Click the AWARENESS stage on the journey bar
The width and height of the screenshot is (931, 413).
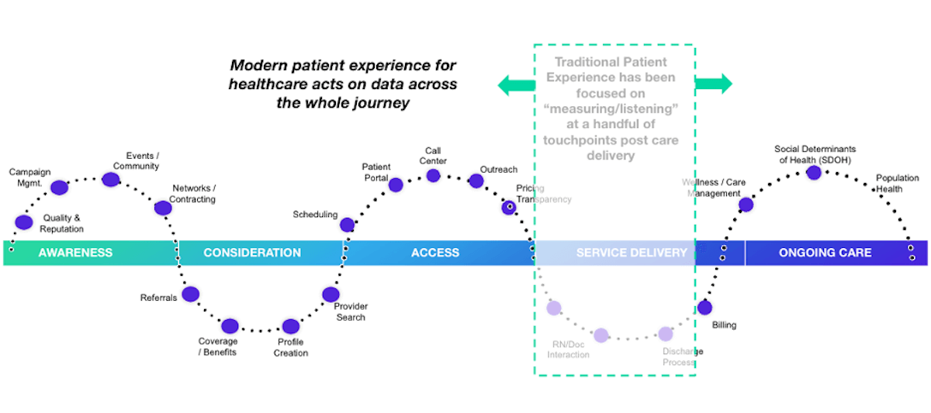tap(75, 253)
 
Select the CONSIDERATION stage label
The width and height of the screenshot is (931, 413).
tap(252, 253)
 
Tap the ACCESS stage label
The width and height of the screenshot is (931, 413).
tap(435, 253)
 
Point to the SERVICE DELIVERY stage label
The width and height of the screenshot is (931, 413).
tap(632, 253)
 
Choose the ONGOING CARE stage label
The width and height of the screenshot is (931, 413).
tap(825, 253)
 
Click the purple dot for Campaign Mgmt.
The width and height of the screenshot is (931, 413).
tap(59, 187)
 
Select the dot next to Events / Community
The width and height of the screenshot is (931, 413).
tap(111, 180)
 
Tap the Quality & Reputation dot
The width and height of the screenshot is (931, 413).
tap(24, 223)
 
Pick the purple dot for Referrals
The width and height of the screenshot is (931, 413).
tap(191, 294)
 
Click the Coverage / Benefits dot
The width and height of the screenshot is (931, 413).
tap(230, 326)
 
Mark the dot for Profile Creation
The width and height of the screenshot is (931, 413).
tap(291, 326)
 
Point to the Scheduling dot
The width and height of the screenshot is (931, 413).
tap(348, 225)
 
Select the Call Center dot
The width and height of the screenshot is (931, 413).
tap(434, 175)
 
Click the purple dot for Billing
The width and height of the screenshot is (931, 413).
tap(704, 307)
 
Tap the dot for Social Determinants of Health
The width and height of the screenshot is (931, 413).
tap(814, 172)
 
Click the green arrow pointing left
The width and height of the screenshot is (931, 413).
tap(515, 84)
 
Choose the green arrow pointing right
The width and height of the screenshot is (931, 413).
tap(713, 84)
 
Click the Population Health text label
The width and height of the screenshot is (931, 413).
tap(898, 183)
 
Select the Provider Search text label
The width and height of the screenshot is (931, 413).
tap(351, 311)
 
